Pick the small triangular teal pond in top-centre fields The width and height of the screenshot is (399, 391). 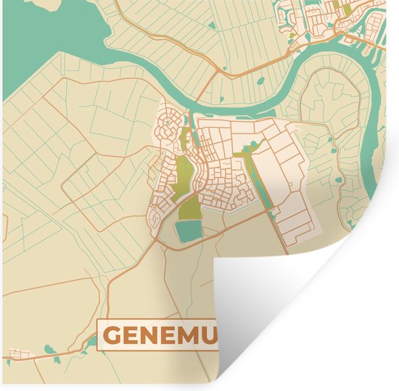click(x=211, y=26)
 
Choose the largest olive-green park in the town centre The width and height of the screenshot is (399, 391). click(x=182, y=174)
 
